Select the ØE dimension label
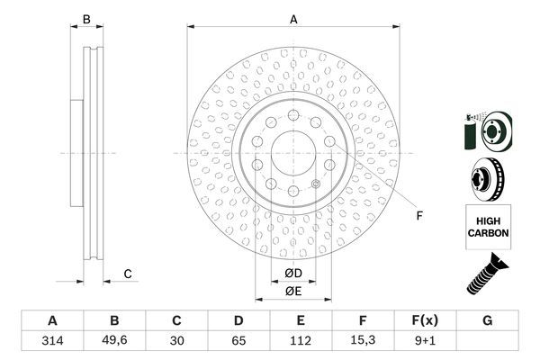292,289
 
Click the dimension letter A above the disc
293,18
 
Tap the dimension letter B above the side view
87,18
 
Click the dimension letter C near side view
128,274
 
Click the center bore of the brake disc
293,153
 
